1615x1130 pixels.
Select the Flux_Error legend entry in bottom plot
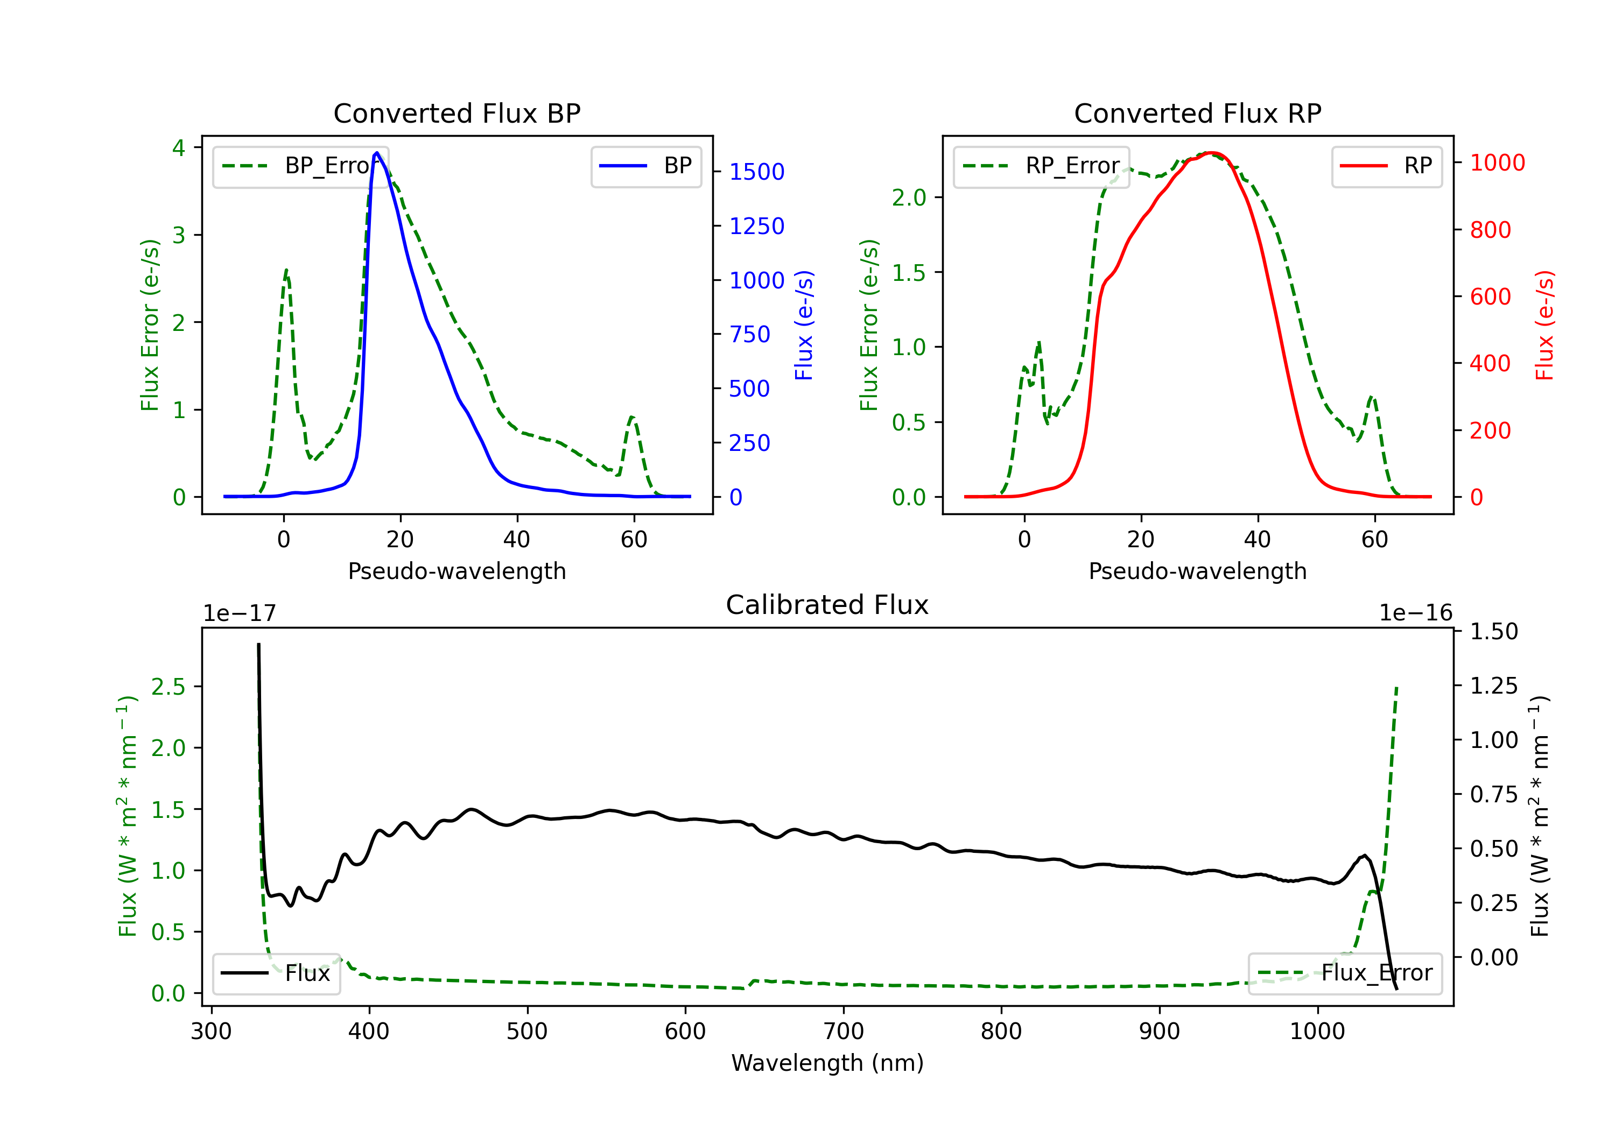click(1345, 973)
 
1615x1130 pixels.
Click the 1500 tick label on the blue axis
click(756, 172)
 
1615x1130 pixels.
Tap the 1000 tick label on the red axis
click(1497, 163)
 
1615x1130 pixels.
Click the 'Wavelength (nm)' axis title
click(827, 1063)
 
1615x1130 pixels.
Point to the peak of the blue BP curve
click(377, 153)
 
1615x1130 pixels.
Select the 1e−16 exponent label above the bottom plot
click(1415, 613)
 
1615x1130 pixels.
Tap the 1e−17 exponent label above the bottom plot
click(239, 613)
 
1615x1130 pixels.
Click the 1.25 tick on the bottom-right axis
click(1493, 686)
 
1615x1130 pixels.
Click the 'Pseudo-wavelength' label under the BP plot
click(457, 571)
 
